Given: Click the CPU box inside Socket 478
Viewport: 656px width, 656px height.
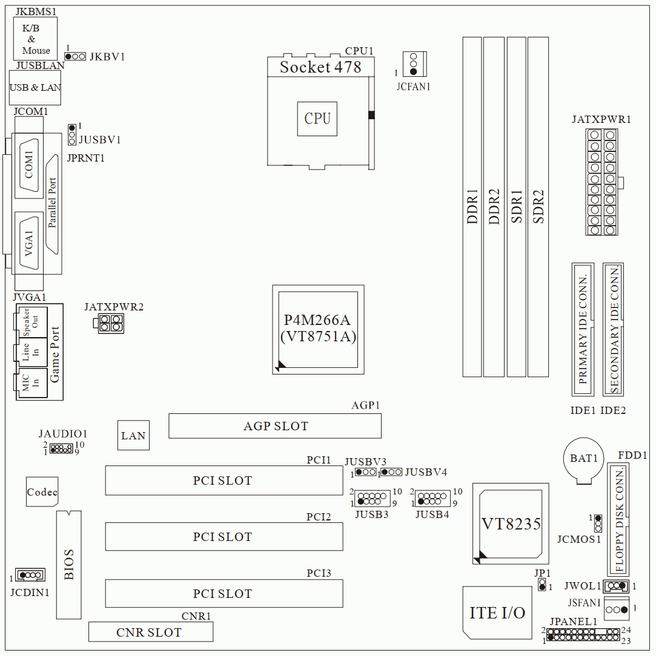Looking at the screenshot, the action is pos(317,119).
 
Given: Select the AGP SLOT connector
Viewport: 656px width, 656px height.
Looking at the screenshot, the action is pos(274,426).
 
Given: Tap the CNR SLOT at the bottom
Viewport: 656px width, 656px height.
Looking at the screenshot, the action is pos(151,632).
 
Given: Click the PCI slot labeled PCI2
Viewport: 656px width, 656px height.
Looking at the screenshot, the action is pos(224,536).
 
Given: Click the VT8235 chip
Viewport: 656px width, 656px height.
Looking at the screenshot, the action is pos(510,524).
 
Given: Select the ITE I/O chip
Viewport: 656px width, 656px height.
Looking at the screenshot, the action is pos(497,613).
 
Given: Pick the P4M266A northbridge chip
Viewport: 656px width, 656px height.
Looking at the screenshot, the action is pos(318,330).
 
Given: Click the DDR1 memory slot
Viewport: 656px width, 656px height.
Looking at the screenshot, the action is pos(472,207).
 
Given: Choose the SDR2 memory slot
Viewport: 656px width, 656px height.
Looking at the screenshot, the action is pos(538,207).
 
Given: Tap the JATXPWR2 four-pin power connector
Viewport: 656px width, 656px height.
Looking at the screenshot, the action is pos(108,323).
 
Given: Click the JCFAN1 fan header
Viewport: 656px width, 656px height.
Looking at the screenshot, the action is pos(414,64).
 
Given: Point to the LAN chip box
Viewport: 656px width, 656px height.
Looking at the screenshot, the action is pos(133,435).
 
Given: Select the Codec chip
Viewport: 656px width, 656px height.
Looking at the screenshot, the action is pos(42,491).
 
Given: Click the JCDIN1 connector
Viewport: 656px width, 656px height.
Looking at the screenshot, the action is pos(30,575).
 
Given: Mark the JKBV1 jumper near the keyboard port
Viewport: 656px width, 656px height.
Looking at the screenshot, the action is pos(75,56).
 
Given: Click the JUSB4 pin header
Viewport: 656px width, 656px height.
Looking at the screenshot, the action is pos(432,498).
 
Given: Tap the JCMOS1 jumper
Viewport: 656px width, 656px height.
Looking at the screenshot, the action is pos(598,523).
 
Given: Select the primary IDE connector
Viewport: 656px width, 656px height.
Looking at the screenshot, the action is pos(583,329).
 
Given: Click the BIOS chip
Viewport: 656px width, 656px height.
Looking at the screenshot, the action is pos(68,565).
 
